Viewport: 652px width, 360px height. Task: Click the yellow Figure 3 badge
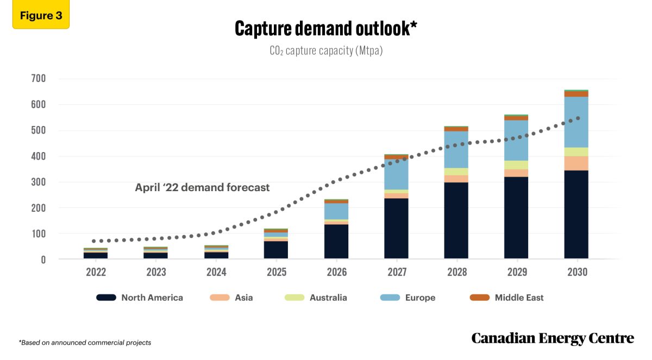pos(41,16)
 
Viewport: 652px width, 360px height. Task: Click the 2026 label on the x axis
pos(336,272)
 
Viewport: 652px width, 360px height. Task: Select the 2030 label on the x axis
pos(576,272)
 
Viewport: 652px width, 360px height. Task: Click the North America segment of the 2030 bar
pos(576,214)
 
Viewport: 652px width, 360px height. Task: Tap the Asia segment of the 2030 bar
pos(576,163)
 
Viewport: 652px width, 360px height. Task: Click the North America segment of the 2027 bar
pos(396,228)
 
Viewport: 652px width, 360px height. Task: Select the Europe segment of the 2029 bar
pos(516,140)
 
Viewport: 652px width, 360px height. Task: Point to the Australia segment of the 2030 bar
pos(576,151)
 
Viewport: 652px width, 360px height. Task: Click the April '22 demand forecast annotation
pos(202,188)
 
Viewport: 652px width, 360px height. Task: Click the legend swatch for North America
pos(106,298)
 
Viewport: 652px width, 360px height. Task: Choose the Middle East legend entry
pos(518,298)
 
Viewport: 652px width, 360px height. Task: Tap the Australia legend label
pos(328,298)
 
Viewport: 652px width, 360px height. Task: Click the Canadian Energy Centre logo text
pos(552,338)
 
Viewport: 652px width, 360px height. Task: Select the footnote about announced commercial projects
pos(85,343)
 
